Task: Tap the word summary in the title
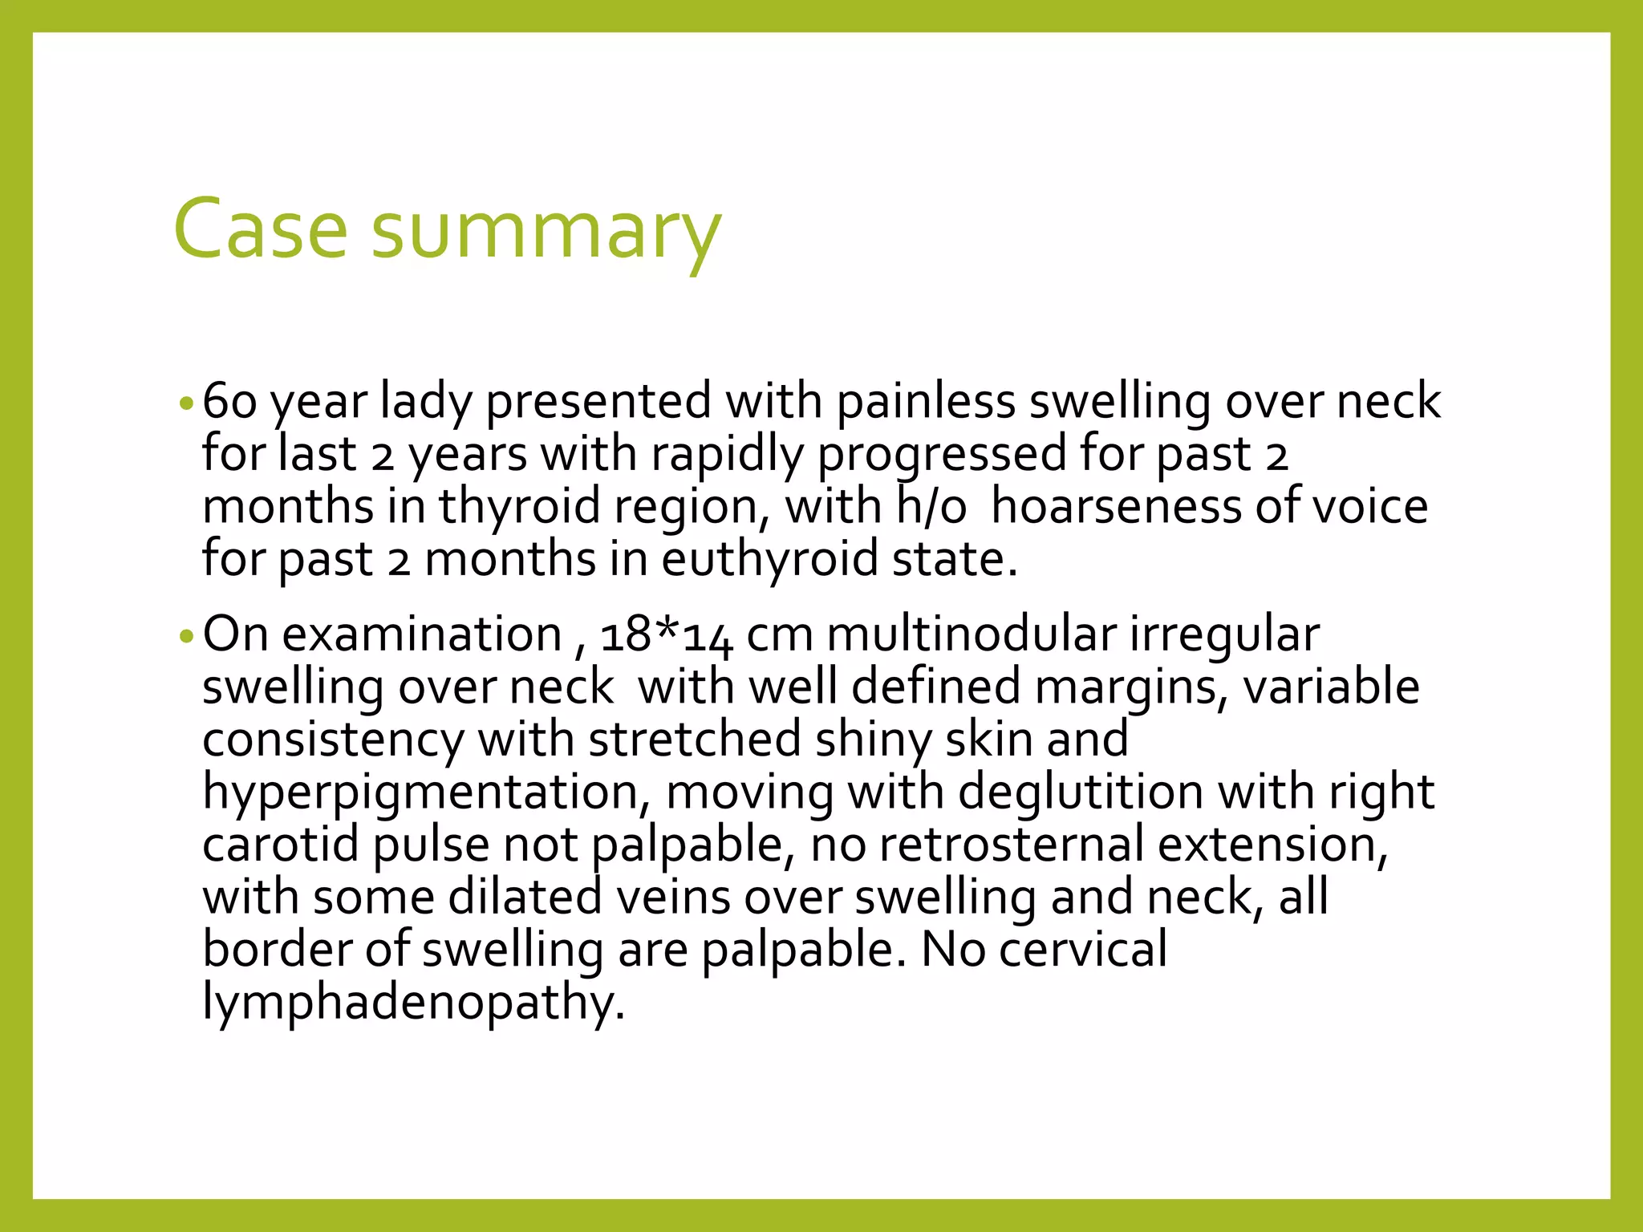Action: (x=546, y=233)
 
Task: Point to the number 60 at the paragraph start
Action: (x=229, y=401)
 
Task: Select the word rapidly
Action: (x=727, y=455)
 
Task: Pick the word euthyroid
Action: (x=769, y=559)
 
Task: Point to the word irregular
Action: (x=1224, y=634)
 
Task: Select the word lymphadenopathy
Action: (x=413, y=1003)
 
